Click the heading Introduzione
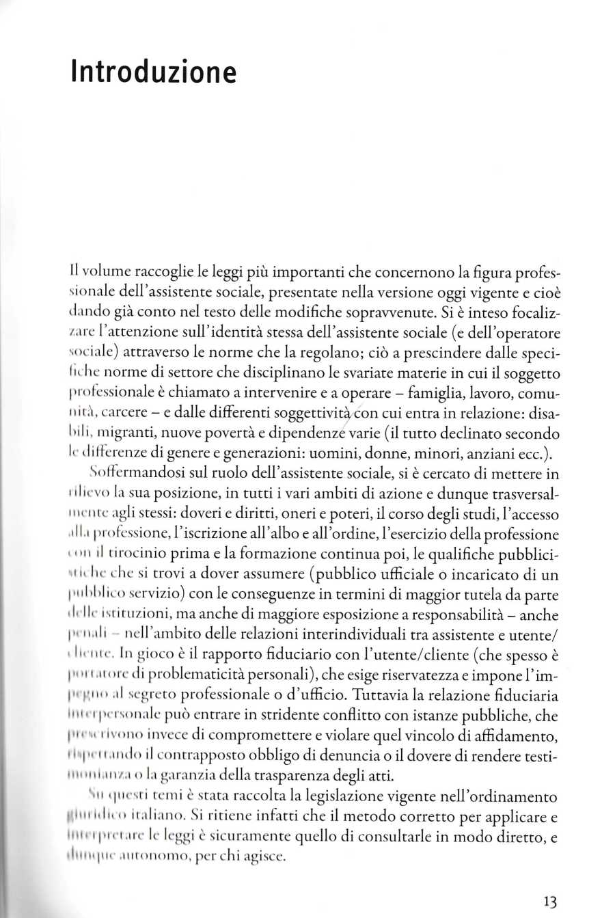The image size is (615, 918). click(x=153, y=72)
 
